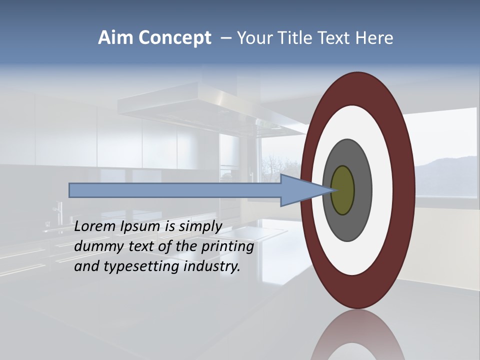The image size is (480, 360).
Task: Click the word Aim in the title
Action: click(x=114, y=38)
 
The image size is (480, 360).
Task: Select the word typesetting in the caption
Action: click(x=141, y=266)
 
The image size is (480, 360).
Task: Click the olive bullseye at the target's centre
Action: click(x=343, y=190)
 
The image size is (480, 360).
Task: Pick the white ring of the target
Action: click(x=385, y=190)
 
